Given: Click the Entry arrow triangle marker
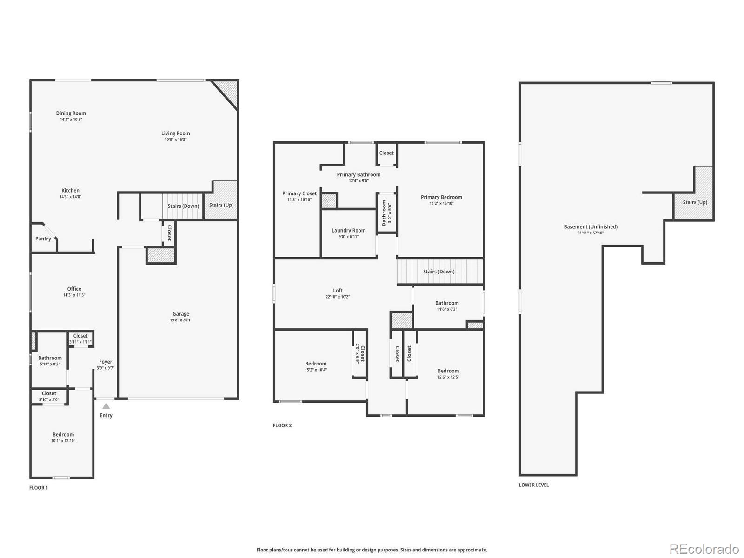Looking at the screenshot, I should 106,406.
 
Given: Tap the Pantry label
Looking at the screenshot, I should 43,239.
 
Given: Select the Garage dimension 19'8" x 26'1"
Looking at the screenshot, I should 181,320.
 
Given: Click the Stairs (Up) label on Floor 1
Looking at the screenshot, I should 221,205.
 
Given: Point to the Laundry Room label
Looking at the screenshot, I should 348,230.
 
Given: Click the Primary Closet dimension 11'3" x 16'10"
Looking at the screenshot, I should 299,199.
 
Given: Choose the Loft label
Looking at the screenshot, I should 338,291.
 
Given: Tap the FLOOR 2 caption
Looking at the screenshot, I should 282,425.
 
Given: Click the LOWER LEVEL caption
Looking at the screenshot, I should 534,485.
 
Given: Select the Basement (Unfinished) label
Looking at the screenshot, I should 591,226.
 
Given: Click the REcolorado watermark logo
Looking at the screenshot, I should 704,549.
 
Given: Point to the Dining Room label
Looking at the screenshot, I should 71,113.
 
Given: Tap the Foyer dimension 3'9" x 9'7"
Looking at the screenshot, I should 106,368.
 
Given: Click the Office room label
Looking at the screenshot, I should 74,289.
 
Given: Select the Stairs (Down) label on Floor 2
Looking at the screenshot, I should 438,272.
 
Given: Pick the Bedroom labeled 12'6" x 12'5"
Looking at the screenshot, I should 448,371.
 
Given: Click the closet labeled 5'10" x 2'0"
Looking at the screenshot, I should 49,393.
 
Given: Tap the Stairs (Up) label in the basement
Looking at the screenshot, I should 695,202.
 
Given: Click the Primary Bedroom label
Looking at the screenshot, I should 441,197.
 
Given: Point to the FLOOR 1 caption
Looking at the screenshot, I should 39,488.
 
